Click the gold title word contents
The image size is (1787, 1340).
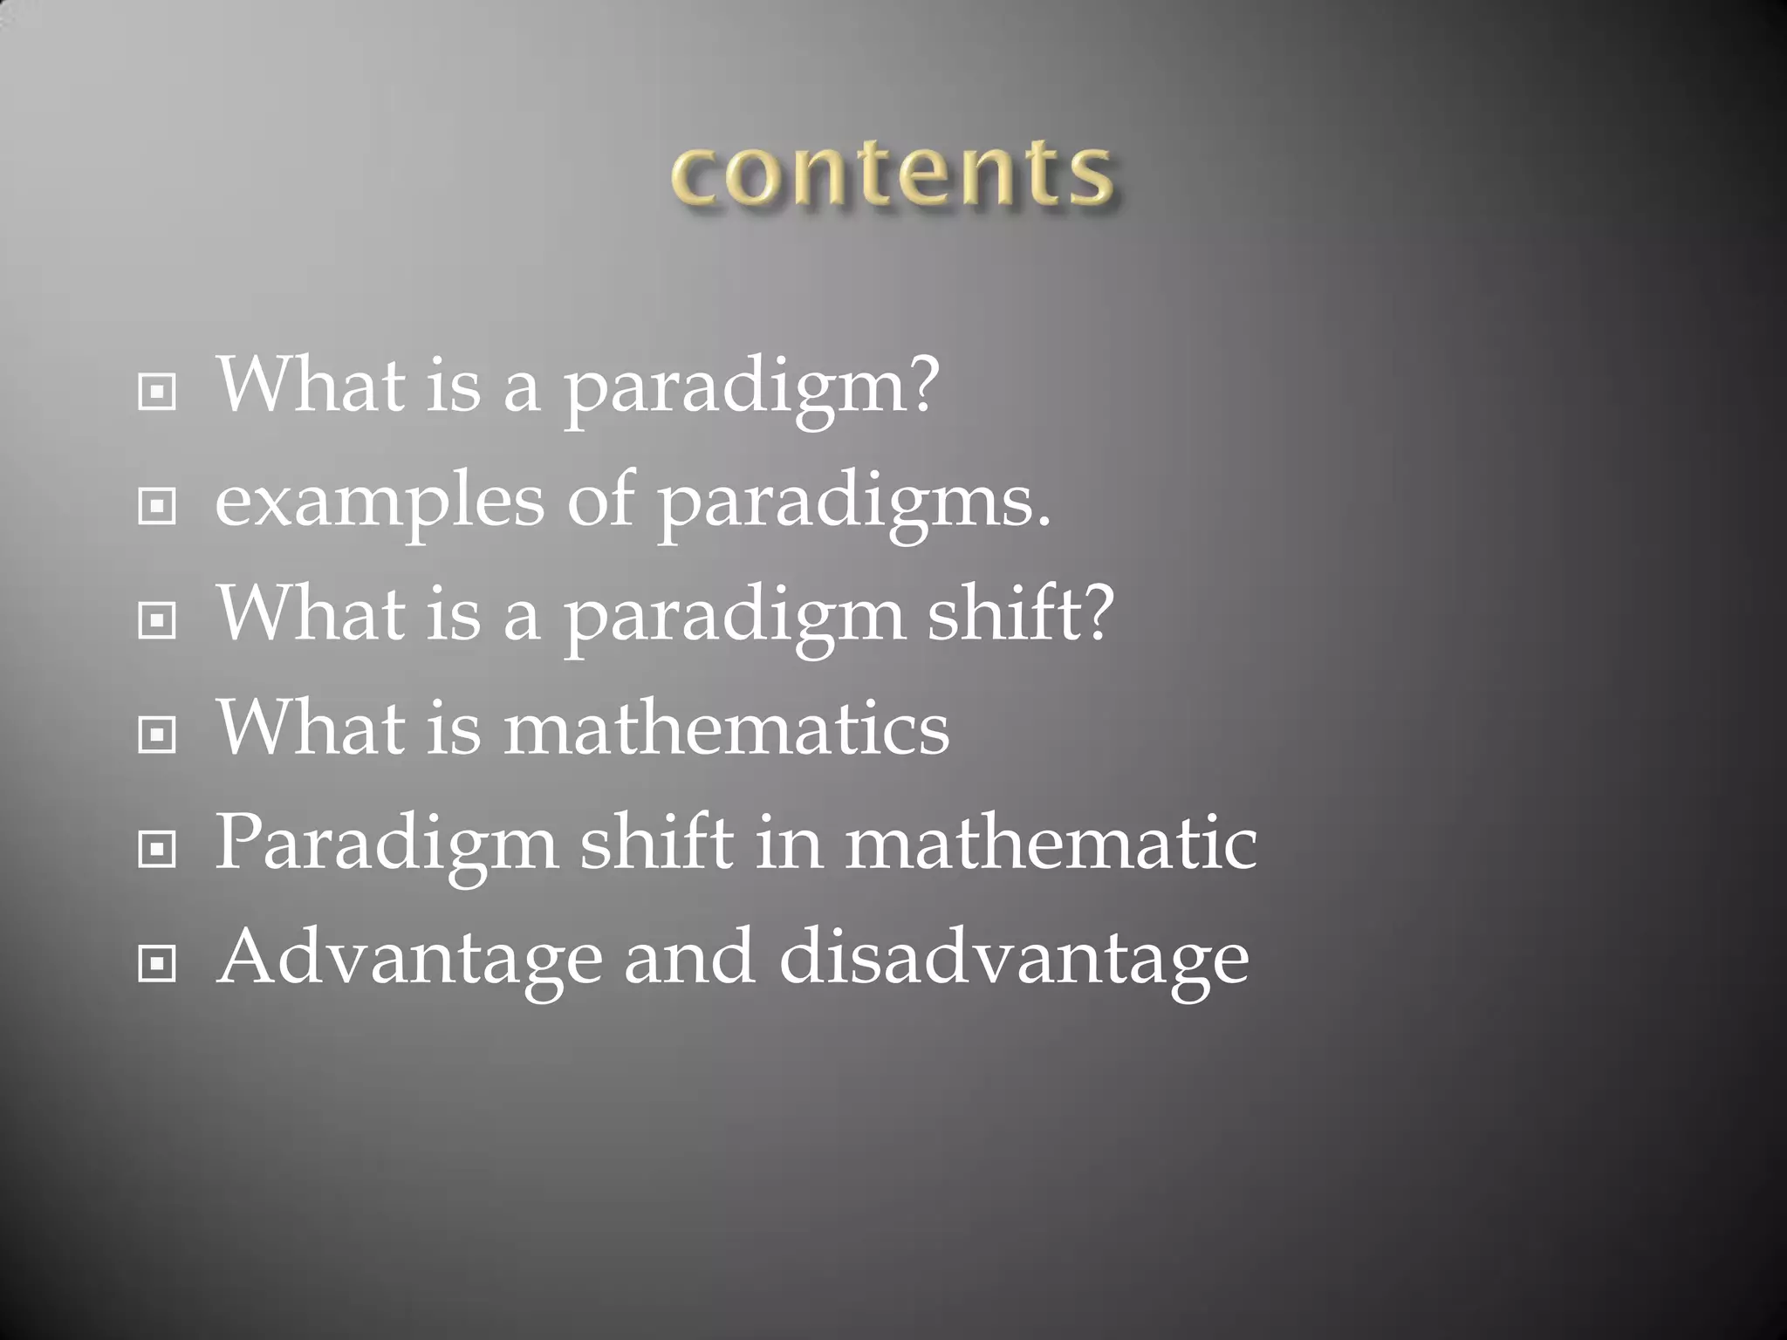coord(892,174)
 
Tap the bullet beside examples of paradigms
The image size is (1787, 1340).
coord(157,506)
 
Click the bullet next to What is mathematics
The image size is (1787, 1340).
coord(157,735)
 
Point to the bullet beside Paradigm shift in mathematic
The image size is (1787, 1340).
coord(157,849)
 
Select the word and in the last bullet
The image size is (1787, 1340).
coord(689,958)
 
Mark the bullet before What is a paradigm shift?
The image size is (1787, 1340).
coord(157,620)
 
